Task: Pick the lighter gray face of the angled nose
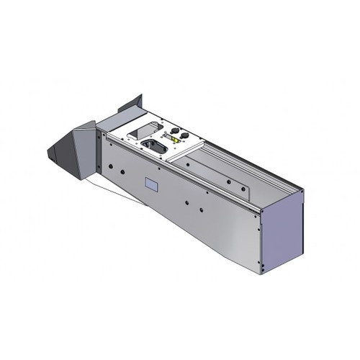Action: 85,151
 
